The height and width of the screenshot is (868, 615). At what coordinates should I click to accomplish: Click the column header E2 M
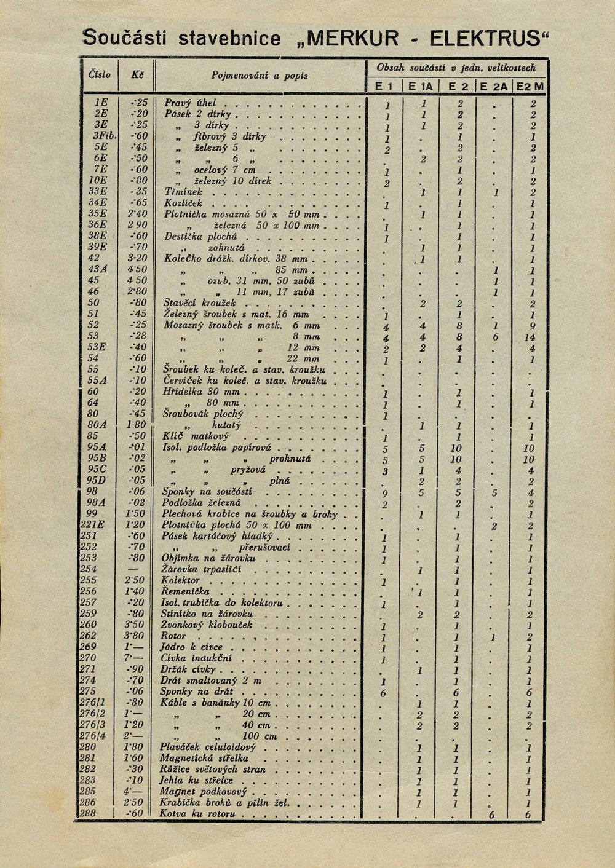(530, 87)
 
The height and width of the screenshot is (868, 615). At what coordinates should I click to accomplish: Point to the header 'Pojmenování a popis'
(260, 76)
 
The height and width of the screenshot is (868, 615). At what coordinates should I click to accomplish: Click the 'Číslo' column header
(100, 74)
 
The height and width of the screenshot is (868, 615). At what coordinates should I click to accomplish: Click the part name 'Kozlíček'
(183, 203)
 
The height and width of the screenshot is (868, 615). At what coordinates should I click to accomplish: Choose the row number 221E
(92, 525)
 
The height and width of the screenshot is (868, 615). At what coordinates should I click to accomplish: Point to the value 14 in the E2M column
(530, 337)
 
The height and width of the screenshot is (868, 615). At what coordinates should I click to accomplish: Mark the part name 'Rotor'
(173, 636)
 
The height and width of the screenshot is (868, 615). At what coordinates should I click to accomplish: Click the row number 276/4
(92, 736)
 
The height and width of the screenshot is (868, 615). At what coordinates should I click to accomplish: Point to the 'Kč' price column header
(137, 74)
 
